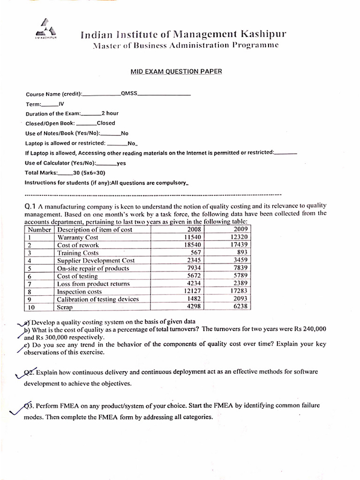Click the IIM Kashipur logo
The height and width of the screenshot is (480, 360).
(45, 30)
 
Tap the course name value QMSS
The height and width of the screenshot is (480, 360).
(129, 93)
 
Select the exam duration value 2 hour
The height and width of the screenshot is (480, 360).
(110, 113)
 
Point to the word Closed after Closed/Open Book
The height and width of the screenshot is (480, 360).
(105, 123)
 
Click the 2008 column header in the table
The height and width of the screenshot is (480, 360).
(194, 229)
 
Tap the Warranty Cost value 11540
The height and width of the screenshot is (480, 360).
(192, 237)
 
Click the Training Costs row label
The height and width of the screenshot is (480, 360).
(78, 253)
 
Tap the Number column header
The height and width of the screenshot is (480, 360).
(39, 230)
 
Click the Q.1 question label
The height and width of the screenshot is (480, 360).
(30, 206)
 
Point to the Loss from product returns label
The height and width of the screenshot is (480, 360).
(93, 284)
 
